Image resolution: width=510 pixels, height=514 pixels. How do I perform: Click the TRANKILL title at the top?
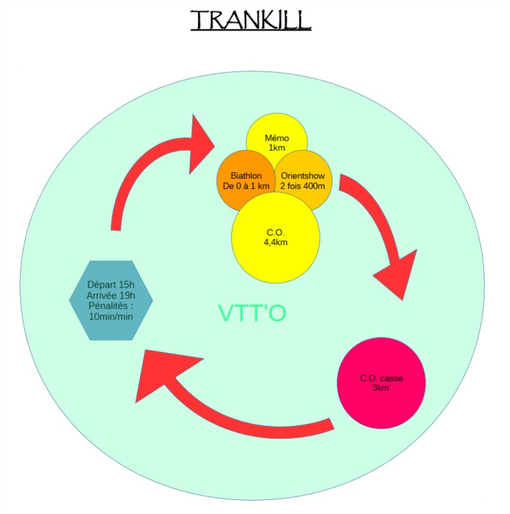tap(251, 20)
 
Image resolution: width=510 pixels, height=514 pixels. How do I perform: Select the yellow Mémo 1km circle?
tap(277, 137)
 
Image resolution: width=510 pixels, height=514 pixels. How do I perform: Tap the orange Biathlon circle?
tap(245, 180)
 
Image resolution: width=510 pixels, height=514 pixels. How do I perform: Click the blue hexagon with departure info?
tap(111, 300)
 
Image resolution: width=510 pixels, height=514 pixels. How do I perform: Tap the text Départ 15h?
tap(111, 284)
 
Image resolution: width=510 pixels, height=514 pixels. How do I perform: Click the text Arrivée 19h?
tap(111, 295)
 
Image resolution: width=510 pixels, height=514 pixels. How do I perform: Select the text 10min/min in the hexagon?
tap(111, 317)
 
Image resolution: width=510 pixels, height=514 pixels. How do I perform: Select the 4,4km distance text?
tap(275, 243)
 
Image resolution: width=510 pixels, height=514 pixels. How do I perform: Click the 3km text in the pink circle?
tap(381, 387)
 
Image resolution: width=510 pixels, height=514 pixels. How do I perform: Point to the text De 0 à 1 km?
tap(246, 185)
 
